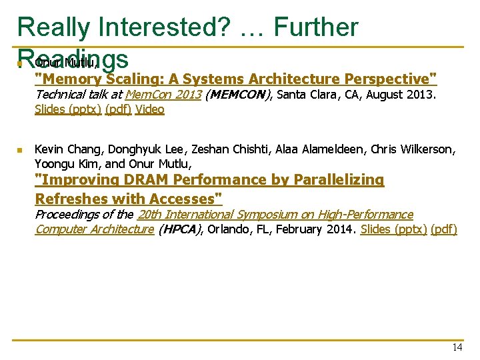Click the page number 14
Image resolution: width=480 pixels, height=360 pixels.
coord(457,347)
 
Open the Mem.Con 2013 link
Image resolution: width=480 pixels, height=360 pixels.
coord(163,95)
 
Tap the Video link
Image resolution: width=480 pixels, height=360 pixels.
coord(149,109)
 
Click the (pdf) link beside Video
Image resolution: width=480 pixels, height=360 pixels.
coord(118,109)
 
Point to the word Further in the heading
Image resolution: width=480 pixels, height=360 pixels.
coord(316,27)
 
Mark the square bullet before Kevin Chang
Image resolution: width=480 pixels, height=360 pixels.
coord(20,151)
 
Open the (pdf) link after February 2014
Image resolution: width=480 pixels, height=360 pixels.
coord(444,229)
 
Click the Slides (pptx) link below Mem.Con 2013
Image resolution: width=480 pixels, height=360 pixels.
coord(68,109)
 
